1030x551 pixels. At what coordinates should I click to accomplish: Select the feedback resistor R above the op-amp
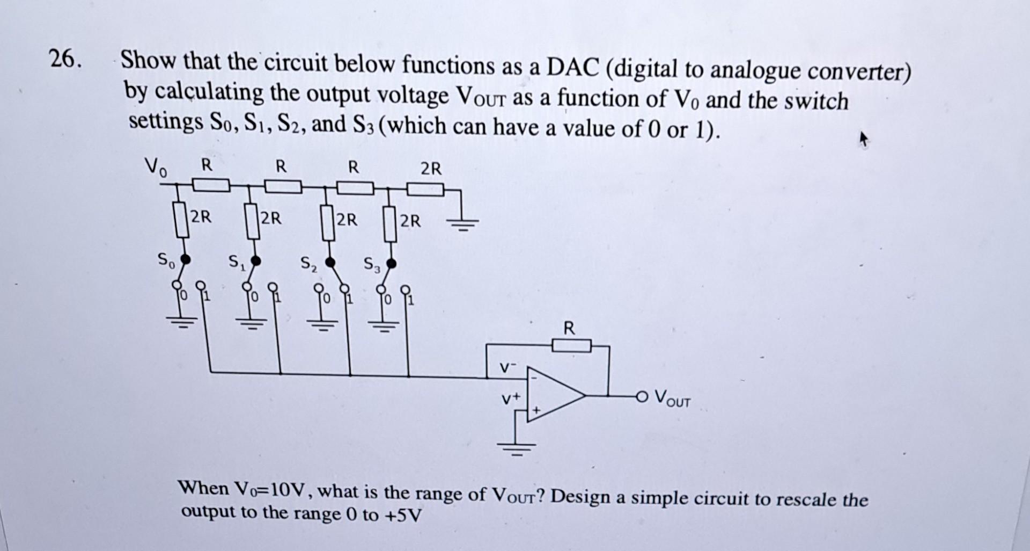click(571, 345)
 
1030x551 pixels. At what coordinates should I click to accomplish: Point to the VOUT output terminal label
click(673, 400)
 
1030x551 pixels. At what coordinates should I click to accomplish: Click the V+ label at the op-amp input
click(510, 398)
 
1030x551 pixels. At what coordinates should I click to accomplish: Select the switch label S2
click(308, 264)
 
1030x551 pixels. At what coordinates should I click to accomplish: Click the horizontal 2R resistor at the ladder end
click(425, 190)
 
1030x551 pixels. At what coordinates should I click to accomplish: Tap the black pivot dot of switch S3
click(392, 264)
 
